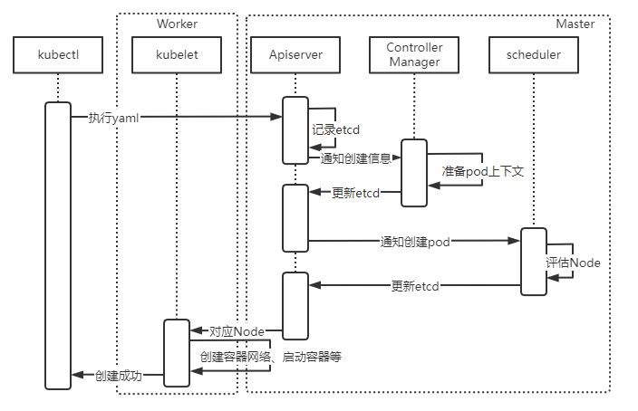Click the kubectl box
tap(58, 55)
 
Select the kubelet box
tap(177, 55)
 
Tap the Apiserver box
tap(295, 55)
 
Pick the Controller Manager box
tap(413, 55)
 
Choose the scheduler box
tap(532, 55)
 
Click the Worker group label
tap(177, 24)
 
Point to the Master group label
tap(575, 24)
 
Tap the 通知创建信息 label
tap(356, 158)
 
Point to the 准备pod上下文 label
tap(482, 171)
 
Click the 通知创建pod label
tap(415, 242)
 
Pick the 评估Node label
tap(573, 263)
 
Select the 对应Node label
tap(237, 332)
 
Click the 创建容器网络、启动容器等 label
tap(270, 357)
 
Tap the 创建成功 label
tap(119, 376)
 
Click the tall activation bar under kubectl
tap(58, 245)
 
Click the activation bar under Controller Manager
tap(414, 173)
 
